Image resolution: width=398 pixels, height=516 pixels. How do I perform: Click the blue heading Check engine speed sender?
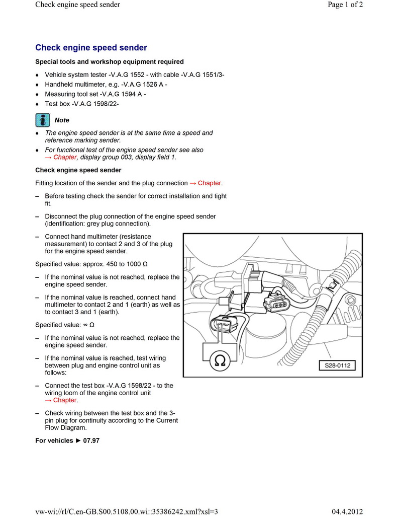91,48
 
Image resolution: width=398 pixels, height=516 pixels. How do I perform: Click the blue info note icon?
42,120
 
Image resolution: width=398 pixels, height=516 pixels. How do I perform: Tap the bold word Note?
62,120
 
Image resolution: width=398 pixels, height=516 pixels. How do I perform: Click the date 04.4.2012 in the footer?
347,511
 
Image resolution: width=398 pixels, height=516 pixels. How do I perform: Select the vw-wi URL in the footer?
126,511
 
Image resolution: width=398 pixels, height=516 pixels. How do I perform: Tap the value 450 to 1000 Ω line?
91,264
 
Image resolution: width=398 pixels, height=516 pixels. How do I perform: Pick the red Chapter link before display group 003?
57,157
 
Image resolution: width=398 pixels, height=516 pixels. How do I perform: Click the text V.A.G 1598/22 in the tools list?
96,104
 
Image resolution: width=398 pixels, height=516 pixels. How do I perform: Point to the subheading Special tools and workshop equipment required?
109,62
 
